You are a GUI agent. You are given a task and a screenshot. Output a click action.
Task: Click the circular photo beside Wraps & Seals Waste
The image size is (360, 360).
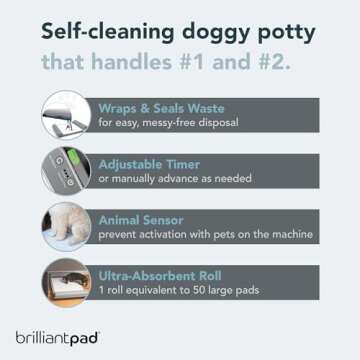pos(66,116)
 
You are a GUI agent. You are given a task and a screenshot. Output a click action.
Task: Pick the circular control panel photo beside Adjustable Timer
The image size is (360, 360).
pos(66,170)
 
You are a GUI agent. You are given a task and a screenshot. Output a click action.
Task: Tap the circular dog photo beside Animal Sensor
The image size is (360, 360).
pos(66,225)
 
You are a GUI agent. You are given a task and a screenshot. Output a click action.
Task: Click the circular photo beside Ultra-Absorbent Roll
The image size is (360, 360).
pos(66,280)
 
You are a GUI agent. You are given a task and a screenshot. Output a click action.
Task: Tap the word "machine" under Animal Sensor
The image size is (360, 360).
pos(290,234)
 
